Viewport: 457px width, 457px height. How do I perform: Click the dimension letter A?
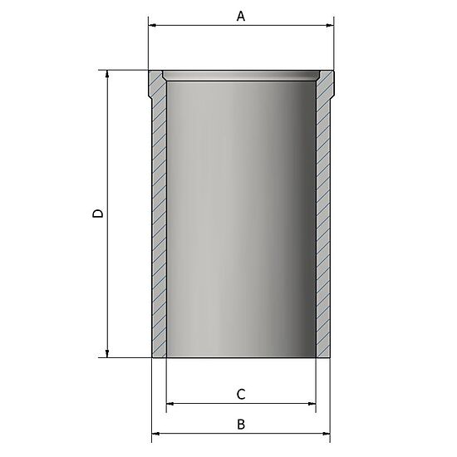tap(241, 16)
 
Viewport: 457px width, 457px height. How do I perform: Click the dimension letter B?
tap(241, 424)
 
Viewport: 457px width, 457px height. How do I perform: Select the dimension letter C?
tap(241, 393)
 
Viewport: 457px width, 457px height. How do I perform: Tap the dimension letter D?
tap(97, 214)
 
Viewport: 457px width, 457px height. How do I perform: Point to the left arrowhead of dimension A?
tap(153, 26)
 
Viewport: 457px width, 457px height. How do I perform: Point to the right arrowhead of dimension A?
tap(329, 26)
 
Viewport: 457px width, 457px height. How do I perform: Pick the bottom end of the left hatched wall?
tap(160, 353)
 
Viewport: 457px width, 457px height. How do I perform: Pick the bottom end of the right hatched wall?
tap(323, 353)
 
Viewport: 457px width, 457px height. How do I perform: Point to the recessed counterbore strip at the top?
tap(241, 76)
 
